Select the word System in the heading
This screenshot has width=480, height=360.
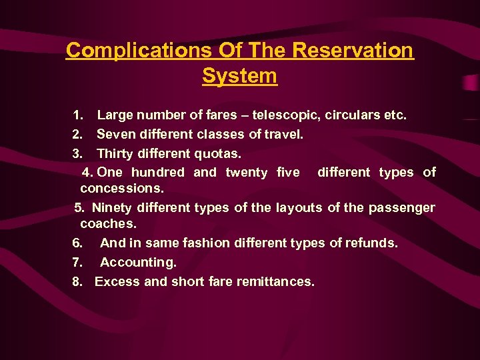click(x=239, y=76)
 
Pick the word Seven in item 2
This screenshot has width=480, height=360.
click(x=115, y=134)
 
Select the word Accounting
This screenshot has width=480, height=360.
click(x=138, y=263)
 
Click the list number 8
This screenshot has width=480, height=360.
click(x=77, y=281)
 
